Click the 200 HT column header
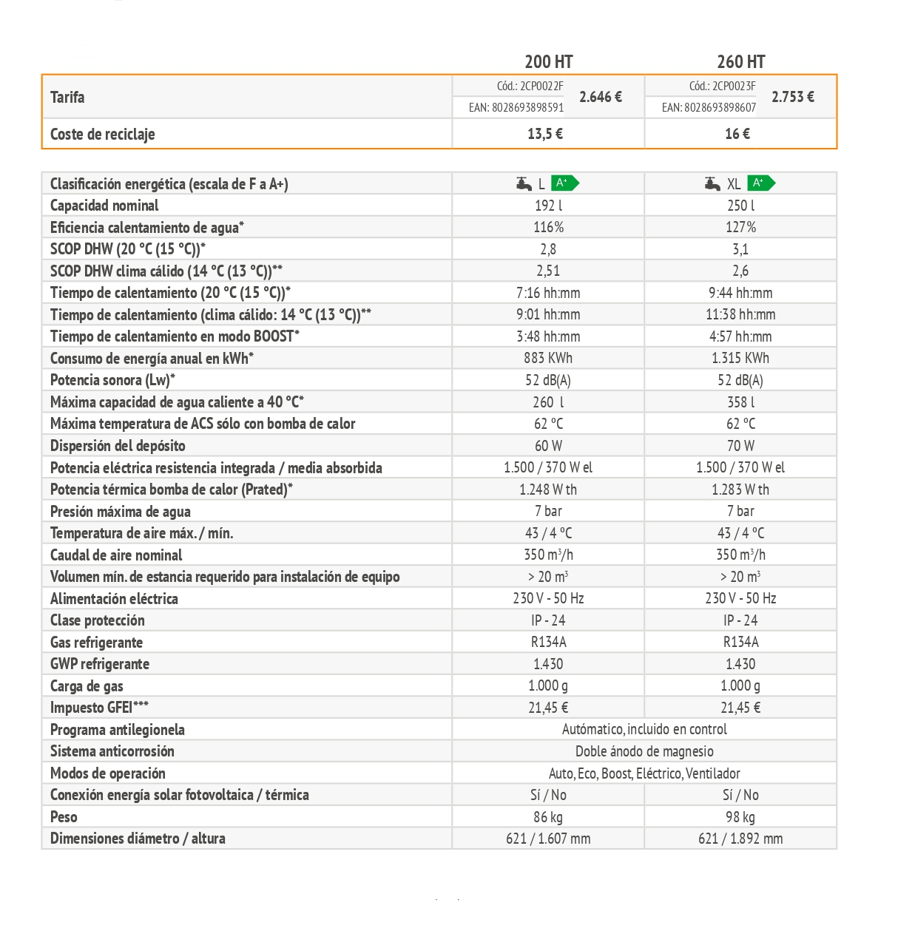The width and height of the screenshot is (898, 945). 548,62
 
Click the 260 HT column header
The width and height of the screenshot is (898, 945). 740,62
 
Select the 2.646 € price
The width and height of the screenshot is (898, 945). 600,97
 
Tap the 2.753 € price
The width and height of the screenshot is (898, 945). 792,97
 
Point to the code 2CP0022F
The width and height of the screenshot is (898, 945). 530,86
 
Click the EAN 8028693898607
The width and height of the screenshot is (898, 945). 709,108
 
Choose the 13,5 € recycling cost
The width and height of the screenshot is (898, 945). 545,134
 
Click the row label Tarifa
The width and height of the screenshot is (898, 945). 67,97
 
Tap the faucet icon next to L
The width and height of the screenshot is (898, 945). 524,183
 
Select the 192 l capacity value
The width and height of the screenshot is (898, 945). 548,206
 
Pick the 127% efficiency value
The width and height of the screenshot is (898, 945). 740,227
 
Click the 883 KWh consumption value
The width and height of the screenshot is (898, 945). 548,358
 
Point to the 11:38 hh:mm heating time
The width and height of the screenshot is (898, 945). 740,314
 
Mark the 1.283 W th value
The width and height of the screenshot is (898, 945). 740,490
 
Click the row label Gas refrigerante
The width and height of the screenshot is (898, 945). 96,643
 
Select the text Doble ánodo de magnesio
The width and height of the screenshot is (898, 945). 644,751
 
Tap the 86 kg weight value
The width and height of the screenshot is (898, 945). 548,817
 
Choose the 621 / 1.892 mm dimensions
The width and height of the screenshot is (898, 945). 740,839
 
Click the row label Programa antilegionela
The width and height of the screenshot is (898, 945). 117,730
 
